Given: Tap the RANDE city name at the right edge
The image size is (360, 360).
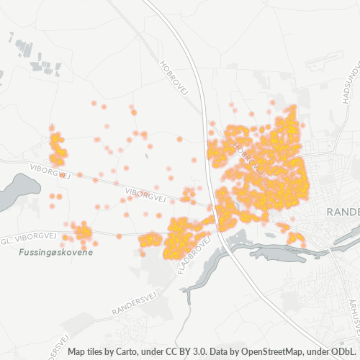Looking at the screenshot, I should [343, 212].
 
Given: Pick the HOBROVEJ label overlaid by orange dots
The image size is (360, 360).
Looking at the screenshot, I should [245, 153].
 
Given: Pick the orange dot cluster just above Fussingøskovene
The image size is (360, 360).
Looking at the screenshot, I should [81, 232].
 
